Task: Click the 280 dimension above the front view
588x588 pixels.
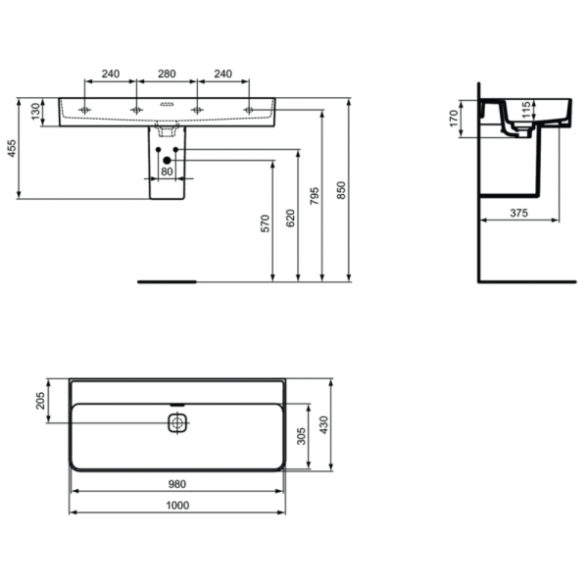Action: [x=166, y=73]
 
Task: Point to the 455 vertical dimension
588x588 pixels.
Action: [x=13, y=149]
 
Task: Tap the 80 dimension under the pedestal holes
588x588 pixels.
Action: [x=166, y=172]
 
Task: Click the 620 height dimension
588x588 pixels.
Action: [x=290, y=218]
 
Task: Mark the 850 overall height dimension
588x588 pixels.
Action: [x=342, y=190]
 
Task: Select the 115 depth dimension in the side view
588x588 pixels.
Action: [x=526, y=108]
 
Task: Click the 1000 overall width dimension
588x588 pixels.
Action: [x=177, y=506]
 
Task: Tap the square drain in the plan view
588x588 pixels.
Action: [x=176, y=423]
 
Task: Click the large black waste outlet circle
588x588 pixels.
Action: [x=167, y=160]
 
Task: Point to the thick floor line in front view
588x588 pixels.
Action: [x=168, y=280]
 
